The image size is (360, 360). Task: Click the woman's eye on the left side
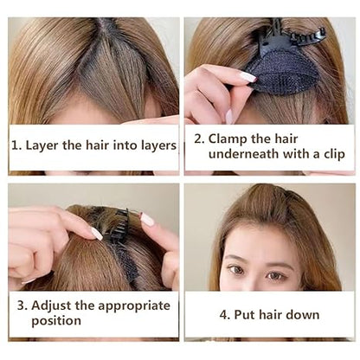(235, 271)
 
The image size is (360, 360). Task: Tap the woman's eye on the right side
(300, 276)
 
